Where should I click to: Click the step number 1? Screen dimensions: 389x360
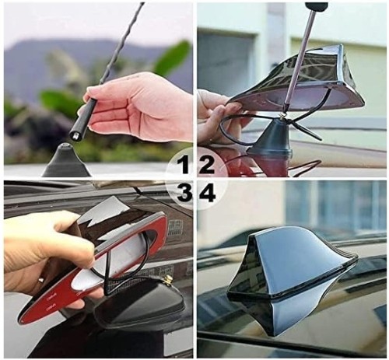[184, 162]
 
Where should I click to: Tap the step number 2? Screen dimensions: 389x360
[206, 162]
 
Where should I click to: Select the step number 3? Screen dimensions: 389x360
[184, 193]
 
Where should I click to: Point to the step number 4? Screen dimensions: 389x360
[207, 193]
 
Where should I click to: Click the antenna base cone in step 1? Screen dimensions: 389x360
[66, 159]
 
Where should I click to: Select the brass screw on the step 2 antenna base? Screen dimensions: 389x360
[282, 115]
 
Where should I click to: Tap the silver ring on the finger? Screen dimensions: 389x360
[40, 280]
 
